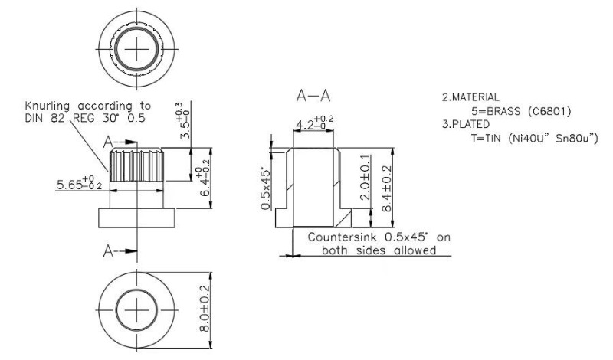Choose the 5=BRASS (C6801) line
pos(516,112)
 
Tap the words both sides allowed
pos(379,250)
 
